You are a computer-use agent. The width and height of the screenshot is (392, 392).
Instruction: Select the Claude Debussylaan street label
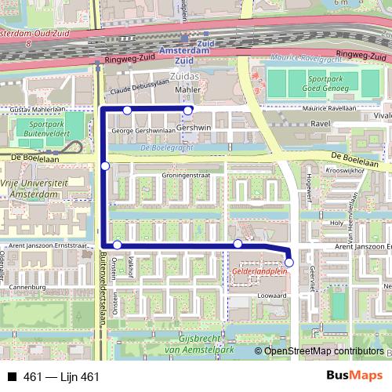pos(140,90)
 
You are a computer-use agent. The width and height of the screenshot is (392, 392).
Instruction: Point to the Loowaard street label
pos(268,296)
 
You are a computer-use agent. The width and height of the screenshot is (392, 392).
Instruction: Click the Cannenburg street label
pos(23,288)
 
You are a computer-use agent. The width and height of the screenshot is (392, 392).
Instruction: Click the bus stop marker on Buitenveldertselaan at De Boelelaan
pos(105,165)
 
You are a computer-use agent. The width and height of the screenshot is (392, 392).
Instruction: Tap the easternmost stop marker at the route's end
pos(289,263)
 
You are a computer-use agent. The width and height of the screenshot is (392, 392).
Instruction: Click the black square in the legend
pos(13,378)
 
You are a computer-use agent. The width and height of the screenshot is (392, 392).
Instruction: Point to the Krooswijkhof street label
pos(347,169)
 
